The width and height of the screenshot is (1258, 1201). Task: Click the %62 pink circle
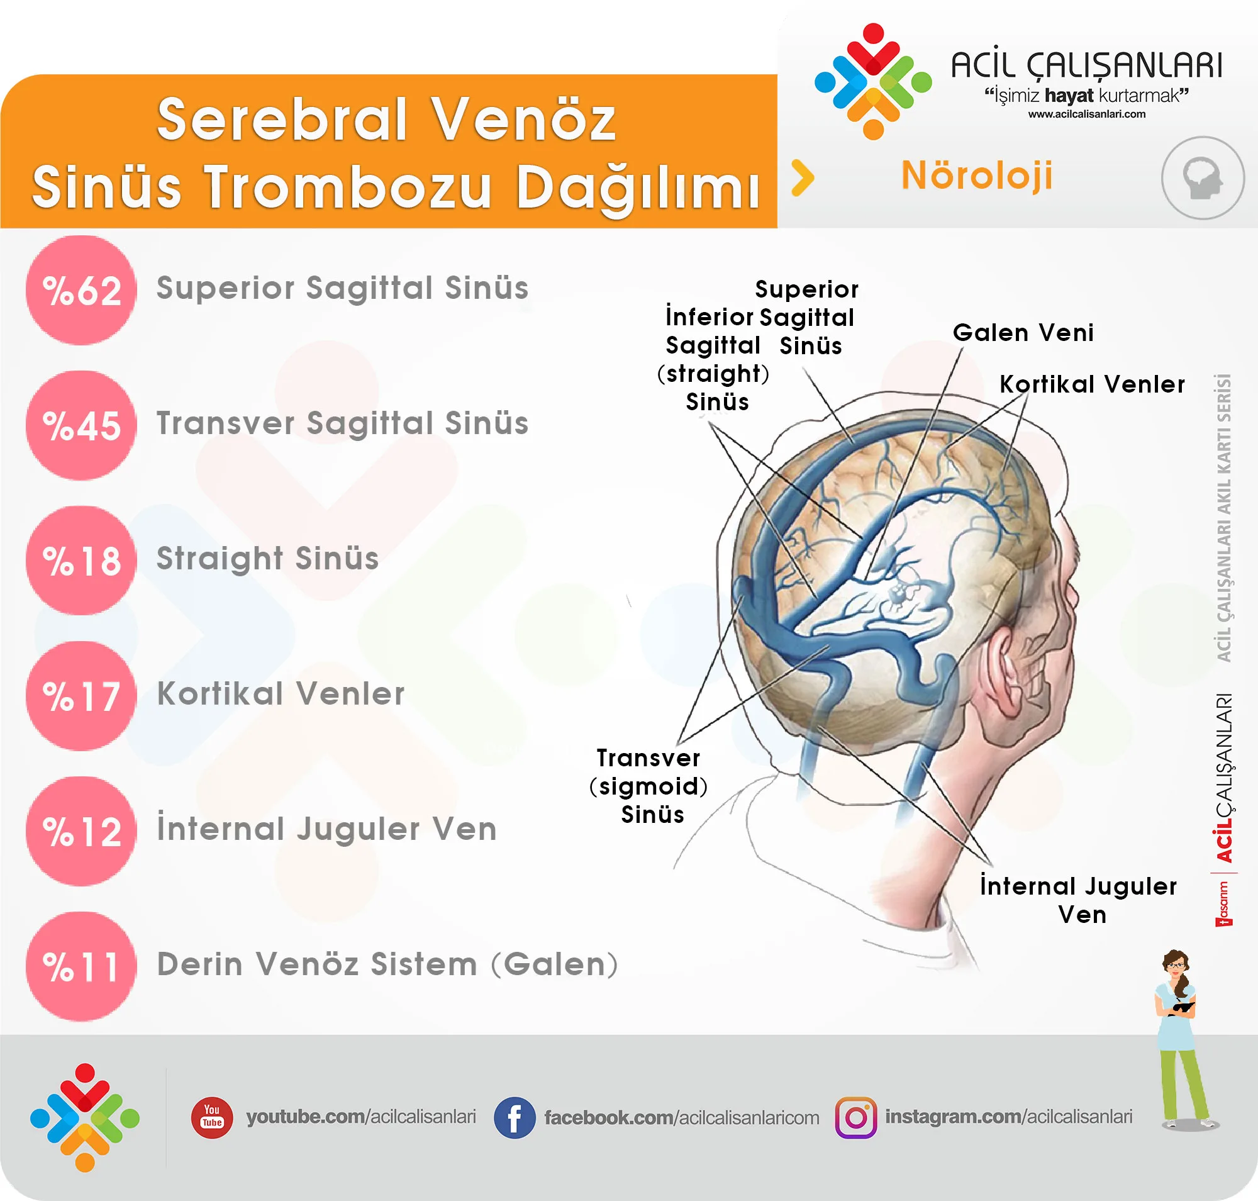[x=81, y=290]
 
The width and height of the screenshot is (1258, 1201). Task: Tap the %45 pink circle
[x=81, y=426]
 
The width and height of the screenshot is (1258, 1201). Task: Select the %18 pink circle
[x=81, y=561]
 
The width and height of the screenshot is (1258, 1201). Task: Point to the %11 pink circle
[x=81, y=966]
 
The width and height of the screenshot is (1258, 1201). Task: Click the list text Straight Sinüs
[x=267, y=559]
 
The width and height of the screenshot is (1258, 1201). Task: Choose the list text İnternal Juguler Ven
[x=327, y=829]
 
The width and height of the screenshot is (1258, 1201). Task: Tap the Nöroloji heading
[x=976, y=176]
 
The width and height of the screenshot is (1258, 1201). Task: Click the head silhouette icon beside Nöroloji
[x=1202, y=178]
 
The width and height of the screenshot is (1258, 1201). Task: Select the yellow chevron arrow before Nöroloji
[x=803, y=177]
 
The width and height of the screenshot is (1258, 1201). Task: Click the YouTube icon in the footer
[x=212, y=1117]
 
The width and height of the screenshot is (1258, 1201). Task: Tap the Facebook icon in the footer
[x=514, y=1118]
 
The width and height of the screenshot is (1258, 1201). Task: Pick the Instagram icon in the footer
[x=856, y=1118]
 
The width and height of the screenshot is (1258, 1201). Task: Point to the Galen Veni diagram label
[x=1023, y=333]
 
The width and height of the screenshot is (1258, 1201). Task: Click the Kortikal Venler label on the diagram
[x=1092, y=384]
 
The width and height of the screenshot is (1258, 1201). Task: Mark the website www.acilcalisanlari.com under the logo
[x=1087, y=114]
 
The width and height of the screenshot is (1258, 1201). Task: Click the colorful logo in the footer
[x=84, y=1118]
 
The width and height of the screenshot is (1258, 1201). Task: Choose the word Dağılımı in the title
[x=637, y=187]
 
